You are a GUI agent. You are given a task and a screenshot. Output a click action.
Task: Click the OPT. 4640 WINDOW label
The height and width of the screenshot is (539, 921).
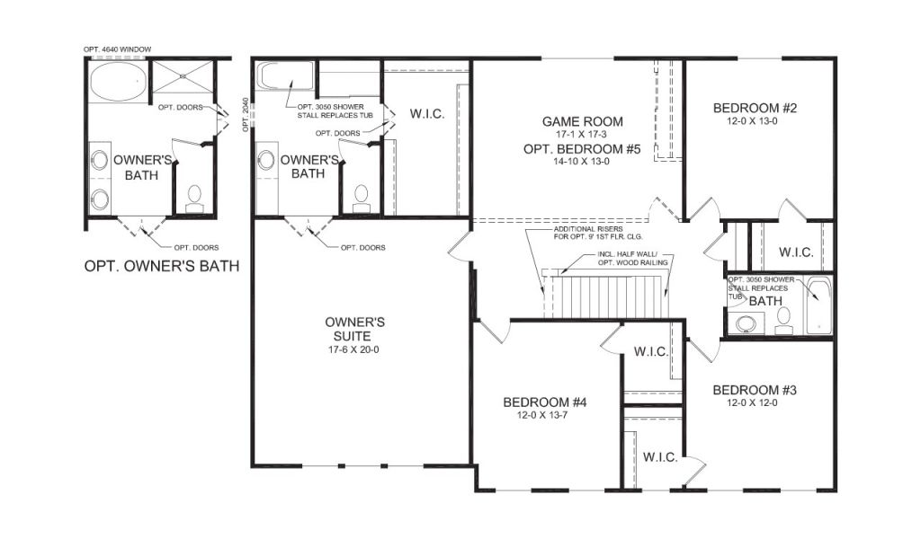(x=118, y=49)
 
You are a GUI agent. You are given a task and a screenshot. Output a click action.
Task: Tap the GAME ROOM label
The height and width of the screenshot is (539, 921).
(x=582, y=122)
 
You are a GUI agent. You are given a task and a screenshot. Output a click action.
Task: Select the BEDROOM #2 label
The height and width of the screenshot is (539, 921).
(x=755, y=108)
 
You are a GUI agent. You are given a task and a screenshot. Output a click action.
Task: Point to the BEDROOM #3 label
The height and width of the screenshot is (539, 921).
(x=755, y=390)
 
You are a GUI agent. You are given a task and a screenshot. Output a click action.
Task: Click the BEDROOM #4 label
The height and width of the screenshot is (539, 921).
(x=544, y=402)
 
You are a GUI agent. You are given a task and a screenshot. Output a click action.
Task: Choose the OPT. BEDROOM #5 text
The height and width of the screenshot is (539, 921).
(x=582, y=149)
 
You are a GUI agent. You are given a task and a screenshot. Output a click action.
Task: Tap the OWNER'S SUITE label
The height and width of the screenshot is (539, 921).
(x=354, y=329)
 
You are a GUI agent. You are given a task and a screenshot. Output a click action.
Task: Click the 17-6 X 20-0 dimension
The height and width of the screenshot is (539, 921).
(x=353, y=350)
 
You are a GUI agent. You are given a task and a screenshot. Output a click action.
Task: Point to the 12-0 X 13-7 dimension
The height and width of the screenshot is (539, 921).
(x=542, y=415)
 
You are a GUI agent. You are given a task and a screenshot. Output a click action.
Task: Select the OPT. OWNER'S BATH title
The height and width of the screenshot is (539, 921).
(x=162, y=266)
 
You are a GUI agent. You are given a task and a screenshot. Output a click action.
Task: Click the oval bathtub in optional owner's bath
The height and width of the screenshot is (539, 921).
(x=118, y=80)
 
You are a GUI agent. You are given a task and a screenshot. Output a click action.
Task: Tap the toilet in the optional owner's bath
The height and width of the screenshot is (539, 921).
(x=194, y=199)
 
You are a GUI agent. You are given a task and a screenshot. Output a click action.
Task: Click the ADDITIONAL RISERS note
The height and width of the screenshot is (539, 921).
(x=598, y=233)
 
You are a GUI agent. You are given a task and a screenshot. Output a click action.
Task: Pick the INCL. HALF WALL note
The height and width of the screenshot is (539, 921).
(x=632, y=259)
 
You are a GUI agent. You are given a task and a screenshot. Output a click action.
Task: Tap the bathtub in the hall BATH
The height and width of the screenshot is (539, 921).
(x=818, y=306)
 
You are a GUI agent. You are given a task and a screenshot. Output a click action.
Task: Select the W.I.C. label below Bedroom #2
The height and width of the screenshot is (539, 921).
(x=796, y=252)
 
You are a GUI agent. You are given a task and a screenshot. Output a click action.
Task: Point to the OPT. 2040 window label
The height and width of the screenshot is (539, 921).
(x=246, y=114)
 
